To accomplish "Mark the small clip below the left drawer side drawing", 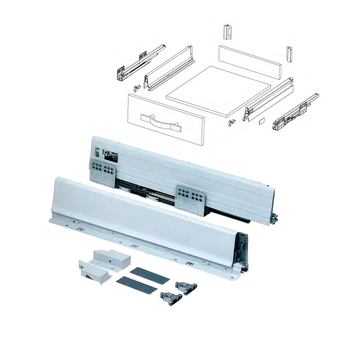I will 137,88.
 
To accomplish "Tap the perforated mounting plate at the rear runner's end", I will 103,170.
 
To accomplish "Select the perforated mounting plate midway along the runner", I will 190,198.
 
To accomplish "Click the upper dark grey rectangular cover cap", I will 149,276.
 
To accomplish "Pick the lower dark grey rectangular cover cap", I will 137,284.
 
